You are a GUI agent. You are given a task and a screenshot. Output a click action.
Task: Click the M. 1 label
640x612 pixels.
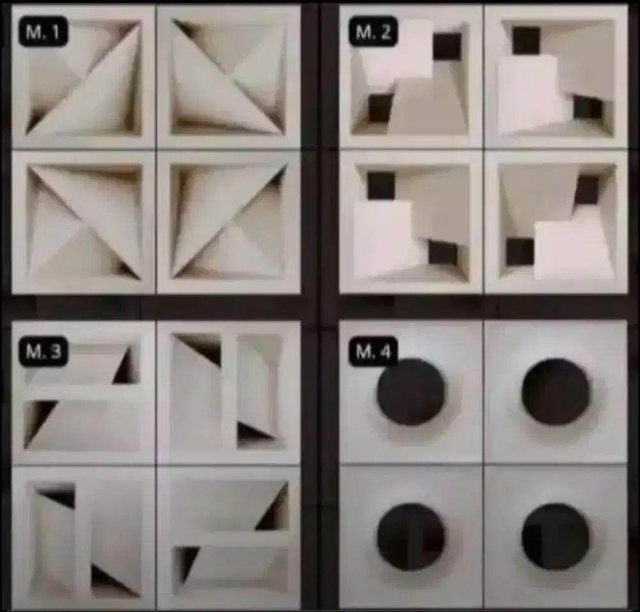[x=43, y=32]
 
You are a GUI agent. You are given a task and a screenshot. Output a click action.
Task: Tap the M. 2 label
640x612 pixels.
[x=373, y=31]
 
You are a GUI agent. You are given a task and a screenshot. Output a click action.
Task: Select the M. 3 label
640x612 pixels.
[x=43, y=351]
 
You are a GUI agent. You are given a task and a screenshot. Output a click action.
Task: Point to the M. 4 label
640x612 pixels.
[x=373, y=351]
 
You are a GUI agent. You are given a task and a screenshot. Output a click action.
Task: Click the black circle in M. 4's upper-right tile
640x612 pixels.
[x=556, y=392]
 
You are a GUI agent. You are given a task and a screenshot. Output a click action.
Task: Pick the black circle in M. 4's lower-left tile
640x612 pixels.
[x=411, y=536]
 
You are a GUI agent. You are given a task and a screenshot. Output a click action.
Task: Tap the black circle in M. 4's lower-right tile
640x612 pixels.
[x=556, y=536]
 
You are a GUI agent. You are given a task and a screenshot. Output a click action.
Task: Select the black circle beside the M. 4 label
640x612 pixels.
[x=411, y=392]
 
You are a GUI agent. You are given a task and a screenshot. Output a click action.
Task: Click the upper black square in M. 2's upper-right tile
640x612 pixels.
[x=526, y=40]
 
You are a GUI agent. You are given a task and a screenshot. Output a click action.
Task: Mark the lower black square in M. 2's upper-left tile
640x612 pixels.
[x=380, y=108]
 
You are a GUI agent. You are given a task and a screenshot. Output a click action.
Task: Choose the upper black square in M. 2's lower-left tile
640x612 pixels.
[x=381, y=186]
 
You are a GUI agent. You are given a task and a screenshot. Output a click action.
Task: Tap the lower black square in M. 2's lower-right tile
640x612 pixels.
[x=520, y=252]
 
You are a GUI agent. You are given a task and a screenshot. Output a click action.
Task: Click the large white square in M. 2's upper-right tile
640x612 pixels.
[x=527, y=94]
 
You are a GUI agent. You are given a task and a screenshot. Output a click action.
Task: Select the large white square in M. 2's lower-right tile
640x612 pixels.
[x=573, y=250]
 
